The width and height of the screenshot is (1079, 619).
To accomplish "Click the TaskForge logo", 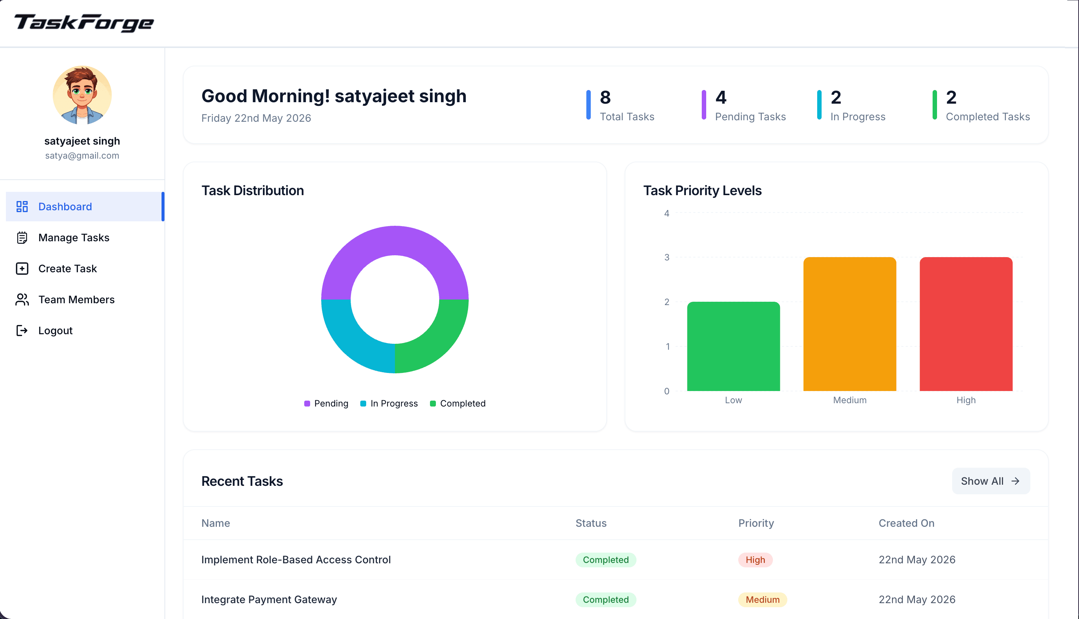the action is click(84, 23).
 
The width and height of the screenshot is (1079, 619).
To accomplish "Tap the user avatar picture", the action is click(82, 95).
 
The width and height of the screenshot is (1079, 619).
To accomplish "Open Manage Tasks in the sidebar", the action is click(73, 238).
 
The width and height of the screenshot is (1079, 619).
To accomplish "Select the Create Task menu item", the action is click(67, 269).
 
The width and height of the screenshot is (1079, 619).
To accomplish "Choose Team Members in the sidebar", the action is click(76, 300).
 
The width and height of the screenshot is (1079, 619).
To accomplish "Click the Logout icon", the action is click(22, 331).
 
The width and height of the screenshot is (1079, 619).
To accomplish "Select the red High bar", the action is click(966, 324).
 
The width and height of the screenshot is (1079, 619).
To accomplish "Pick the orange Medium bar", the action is click(850, 324).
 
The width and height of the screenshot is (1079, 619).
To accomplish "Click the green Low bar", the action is click(733, 346).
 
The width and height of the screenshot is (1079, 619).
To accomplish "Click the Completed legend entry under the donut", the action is click(458, 404).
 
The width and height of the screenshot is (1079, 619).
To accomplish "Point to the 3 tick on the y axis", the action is click(667, 257).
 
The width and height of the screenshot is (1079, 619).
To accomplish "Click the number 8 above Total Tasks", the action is click(605, 97).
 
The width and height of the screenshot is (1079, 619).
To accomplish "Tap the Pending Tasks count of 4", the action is click(721, 97).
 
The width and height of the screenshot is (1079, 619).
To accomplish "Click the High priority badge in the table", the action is click(755, 560).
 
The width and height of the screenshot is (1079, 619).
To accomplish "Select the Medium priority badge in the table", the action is click(762, 600).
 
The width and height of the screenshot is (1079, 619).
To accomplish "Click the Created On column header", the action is click(906, 523).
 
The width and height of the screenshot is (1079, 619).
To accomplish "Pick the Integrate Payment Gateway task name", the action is click(269, 600).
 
